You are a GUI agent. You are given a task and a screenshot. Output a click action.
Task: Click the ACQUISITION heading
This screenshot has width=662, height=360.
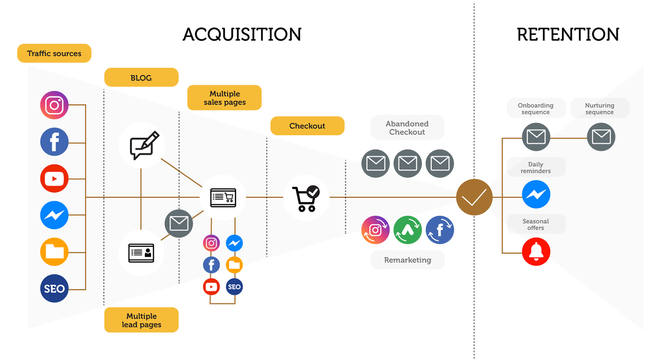[242, 34]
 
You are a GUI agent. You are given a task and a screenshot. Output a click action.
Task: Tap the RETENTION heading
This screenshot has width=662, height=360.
[568, 34]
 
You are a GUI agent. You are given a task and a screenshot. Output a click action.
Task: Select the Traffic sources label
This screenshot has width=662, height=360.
[54, 53]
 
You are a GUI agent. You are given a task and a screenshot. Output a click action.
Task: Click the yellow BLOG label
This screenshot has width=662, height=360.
[141, 78]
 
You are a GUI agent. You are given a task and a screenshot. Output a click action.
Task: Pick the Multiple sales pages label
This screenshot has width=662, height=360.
[224, 98]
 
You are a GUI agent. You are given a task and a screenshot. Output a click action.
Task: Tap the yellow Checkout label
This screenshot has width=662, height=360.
[307, 126]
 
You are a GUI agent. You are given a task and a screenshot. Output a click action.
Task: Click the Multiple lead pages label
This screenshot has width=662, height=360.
[141, 320]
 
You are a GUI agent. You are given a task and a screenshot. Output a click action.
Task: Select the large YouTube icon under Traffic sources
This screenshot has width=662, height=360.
[54, 179]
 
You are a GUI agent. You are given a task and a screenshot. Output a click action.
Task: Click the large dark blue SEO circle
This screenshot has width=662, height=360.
[54, 289]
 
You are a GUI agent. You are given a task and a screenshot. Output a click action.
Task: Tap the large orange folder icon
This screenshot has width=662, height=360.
[54, 252]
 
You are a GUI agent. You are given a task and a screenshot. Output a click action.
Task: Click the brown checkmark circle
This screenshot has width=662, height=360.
[474, 197]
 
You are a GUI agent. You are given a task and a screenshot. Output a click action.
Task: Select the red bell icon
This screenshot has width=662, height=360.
[536, 251]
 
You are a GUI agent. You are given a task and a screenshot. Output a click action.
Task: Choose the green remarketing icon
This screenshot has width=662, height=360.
[407, 230]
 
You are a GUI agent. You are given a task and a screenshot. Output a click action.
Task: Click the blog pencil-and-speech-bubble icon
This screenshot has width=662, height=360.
[144, 145]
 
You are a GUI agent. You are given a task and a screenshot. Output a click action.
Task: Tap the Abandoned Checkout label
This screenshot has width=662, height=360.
[407, 127]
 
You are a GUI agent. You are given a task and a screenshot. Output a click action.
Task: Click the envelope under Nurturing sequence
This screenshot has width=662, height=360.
[601, 137]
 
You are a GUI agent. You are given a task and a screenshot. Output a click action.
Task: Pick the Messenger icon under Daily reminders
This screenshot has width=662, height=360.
[536, 195]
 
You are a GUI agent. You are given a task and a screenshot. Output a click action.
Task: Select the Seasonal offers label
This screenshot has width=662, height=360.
[536, 224]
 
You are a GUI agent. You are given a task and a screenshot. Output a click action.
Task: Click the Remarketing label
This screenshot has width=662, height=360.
[407, 260]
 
